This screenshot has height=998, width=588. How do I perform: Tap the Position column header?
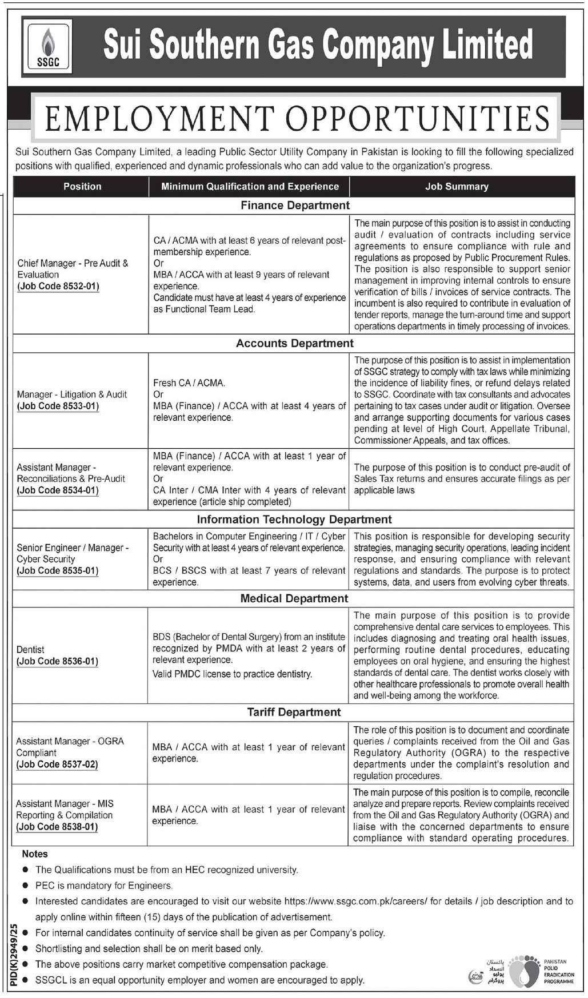click(82, 186)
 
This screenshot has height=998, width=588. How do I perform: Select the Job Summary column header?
click(457, 186)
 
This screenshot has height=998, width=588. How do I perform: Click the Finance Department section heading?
click(295, 205)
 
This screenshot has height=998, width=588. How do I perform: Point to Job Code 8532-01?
click(58, 286)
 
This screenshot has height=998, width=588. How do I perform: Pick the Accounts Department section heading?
click(295, 343)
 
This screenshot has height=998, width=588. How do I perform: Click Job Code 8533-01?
click(58, 406)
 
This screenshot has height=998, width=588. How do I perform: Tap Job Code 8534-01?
click(58, 490)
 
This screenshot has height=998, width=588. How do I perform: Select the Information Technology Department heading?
click(294, 520)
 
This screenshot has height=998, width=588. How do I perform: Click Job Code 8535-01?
click(58, 571)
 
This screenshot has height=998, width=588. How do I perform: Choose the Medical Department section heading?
click(294, 598)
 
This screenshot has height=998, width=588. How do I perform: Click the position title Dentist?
click(31, 650)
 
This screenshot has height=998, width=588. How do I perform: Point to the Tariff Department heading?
click(294, 712)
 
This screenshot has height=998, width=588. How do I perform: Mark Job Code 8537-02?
click(58, 764)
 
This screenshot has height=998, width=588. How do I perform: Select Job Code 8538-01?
click(58, 827)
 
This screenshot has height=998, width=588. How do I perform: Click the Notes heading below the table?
click(35, 854)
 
